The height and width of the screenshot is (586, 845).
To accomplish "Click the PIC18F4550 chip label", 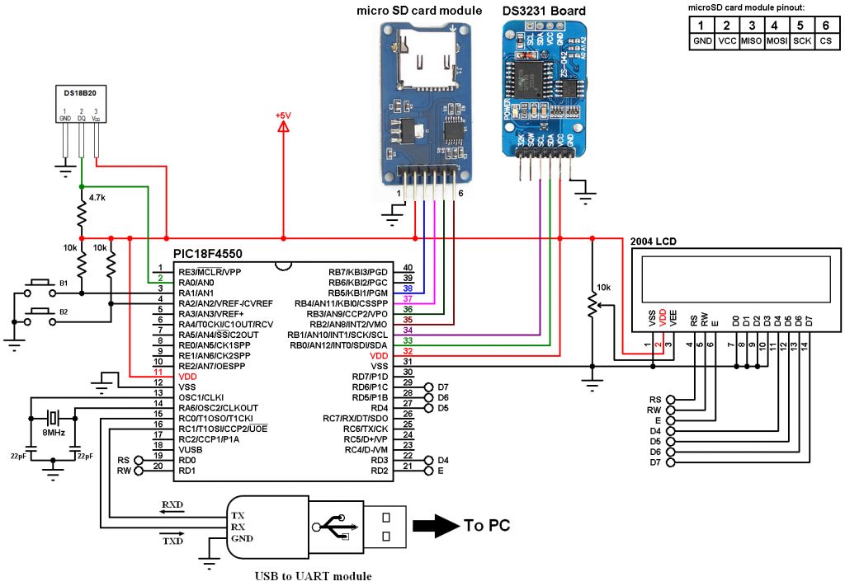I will (208, 254).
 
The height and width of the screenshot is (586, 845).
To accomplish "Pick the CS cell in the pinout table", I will (826, 40).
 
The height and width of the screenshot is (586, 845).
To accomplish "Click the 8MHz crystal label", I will (54, 433).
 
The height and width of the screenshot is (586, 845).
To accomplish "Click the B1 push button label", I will (62, 284).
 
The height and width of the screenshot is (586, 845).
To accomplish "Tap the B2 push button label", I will (62, 312).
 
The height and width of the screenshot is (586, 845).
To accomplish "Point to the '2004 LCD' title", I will (654, 241).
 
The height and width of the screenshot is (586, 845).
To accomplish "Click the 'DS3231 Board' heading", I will (545, 11).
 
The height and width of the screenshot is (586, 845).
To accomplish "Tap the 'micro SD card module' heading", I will (419, 11).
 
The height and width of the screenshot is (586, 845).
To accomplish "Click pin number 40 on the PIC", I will (408, 268).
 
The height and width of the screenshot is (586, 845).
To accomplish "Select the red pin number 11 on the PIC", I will (158, 374).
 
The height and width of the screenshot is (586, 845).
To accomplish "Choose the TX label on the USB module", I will (237, 514).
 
